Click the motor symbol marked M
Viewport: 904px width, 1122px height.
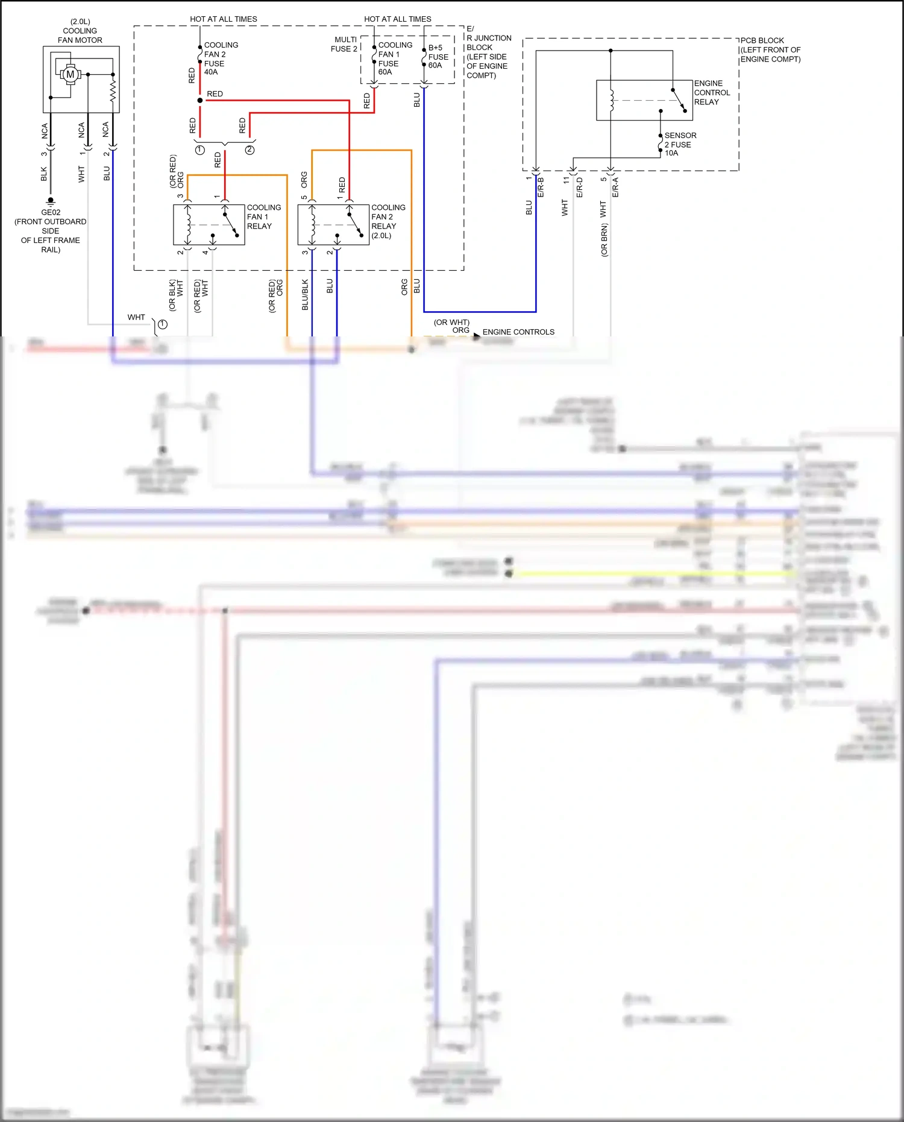(x=70, y=74)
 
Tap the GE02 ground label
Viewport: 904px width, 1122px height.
(x=51, y=212)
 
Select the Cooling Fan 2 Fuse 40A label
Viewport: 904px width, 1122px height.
(x=221, y=58)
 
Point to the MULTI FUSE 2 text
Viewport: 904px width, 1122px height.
(x=344, y=44)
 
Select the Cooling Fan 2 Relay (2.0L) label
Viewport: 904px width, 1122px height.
(x=388, y=221)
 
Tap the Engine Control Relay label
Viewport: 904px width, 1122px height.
(x=712, y=92)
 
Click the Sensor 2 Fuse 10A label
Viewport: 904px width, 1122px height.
(x=680, y=144)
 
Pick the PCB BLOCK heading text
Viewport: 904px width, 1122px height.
(x=762, y=40)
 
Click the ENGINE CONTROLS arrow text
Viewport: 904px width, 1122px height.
(x=518, y=332)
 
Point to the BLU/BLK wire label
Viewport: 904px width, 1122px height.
(x=305, y=294)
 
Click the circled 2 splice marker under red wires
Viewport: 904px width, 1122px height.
(x=250, y=150)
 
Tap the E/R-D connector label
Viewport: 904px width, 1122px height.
(x=580, y=187)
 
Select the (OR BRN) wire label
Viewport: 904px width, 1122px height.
(x=604, y=240)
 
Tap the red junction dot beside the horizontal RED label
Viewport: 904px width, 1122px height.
(x=200, y=100)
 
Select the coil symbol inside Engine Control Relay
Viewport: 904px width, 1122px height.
(x=611, y=100)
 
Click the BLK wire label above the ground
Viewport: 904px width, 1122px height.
(x=43, y=174)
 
